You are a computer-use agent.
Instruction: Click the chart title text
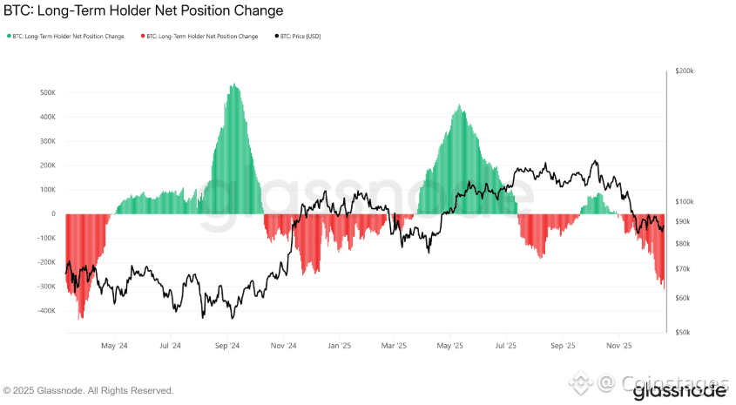click(144, 12)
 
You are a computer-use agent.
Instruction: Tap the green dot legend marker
click(9, 36)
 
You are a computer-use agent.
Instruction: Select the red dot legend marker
click(143, 36)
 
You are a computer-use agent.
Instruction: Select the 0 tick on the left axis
click(53, 213)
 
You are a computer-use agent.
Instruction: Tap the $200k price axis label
click(685, 71)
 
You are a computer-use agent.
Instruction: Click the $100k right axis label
click(685, 201)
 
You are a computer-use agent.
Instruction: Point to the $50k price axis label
click(683, 332)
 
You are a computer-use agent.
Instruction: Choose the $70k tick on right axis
click(683, 269)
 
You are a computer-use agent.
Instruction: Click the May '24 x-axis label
click(115, 345)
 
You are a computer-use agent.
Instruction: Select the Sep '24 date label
click(227, 345)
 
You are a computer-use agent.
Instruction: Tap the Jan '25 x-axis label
click(339, 345)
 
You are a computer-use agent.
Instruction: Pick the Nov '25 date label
click(619, 345)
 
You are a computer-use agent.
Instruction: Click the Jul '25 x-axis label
click(506, 345)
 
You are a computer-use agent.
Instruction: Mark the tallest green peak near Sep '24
click(233, 85)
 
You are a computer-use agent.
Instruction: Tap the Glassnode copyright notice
click(89, 390)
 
